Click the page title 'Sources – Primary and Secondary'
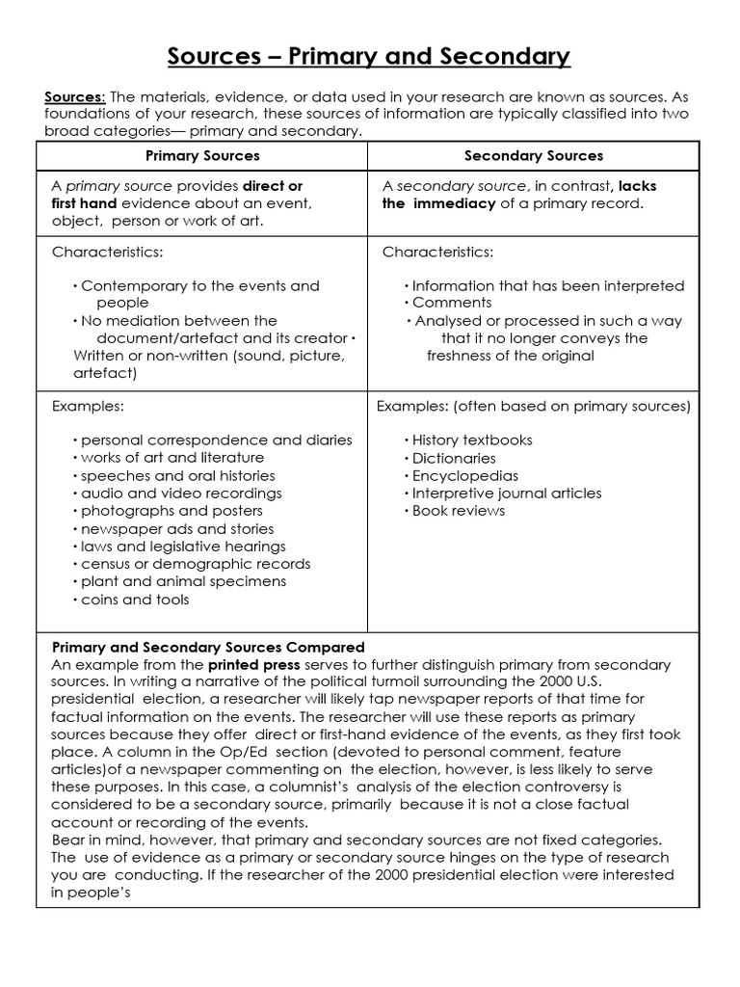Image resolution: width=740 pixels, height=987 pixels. [369, 57]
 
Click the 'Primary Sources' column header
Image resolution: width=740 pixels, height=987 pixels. [202, 155]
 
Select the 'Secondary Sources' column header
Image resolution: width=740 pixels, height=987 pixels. [534, 155]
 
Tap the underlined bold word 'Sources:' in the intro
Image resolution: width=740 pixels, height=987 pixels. [76, 96]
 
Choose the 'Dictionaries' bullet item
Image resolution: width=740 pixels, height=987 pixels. [454, 458]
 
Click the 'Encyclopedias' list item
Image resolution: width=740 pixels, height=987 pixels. [465, 475]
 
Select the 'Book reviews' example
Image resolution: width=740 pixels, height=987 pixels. [459, 511]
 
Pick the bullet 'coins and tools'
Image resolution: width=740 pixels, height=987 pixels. [135, 600]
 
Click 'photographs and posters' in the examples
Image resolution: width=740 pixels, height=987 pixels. [172, 511]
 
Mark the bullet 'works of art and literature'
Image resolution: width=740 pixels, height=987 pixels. [172, 458]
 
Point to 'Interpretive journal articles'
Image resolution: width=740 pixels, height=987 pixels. [507, 493]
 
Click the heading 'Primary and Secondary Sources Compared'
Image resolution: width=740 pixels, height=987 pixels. [208, 647]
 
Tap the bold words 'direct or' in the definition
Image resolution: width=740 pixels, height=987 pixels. [273, 186]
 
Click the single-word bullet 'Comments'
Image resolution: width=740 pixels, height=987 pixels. [452, 303]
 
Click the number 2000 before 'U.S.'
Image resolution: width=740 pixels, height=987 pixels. [603, 682]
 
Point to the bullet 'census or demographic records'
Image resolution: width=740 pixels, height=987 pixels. [196, 564]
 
